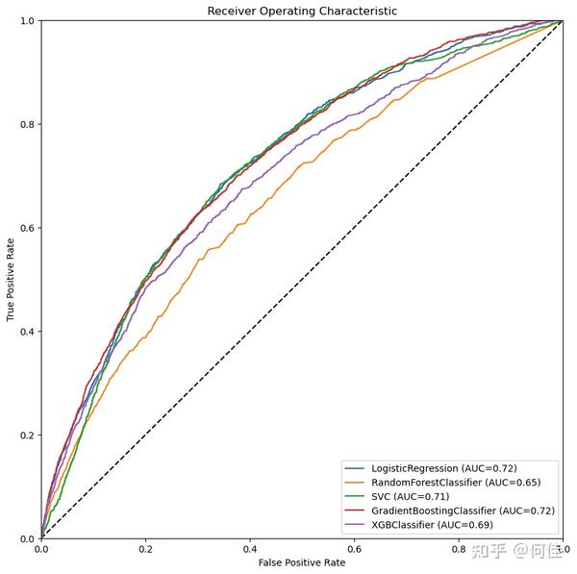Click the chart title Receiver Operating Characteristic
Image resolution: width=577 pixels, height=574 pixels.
pos(302,11)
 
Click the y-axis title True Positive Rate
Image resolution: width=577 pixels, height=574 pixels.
pos(11,280)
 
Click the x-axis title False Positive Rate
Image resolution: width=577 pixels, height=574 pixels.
pos(301,562)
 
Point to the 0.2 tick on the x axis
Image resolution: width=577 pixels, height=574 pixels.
pos(145,548)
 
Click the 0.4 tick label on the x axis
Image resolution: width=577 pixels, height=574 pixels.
pos(249,548)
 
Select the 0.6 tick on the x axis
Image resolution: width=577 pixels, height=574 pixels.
pos(354,548)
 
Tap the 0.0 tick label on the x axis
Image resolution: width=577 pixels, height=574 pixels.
pos(41,548)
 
